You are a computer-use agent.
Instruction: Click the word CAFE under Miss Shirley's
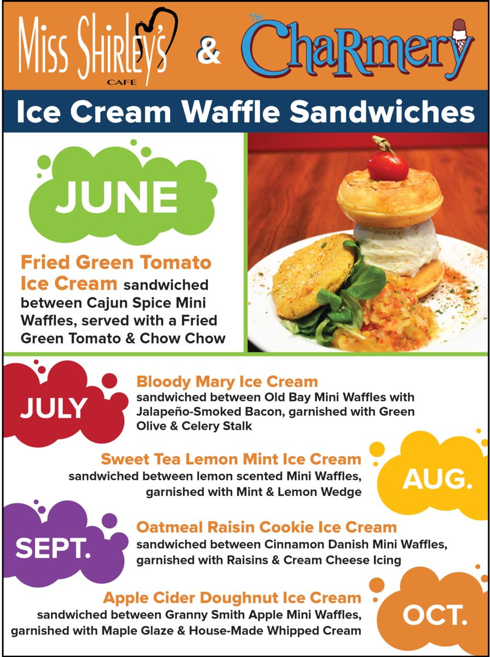click(x=122, y=82)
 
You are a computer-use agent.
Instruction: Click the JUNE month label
click(x=117, y=197)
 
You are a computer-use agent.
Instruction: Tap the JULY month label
click(x=54, y=408)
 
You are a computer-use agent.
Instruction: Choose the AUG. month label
click(x=437, y=480)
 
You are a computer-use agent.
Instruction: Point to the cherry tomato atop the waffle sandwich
click(x=388, y=166)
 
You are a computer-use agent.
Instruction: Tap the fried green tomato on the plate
click(x=314, y=276)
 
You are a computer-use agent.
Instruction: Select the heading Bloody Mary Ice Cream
click(x=227, y=382)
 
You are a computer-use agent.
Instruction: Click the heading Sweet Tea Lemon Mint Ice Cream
click(x=231, y=459)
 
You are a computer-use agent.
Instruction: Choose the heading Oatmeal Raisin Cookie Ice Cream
click(x=267, y=527)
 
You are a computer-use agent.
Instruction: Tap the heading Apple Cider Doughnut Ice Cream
click(x=232, y=598)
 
